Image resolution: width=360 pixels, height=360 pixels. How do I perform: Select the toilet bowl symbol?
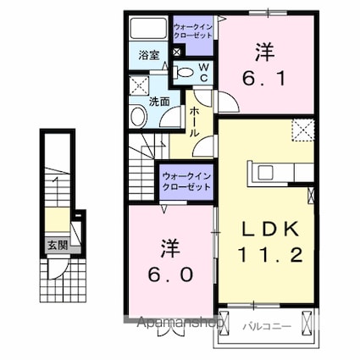183,74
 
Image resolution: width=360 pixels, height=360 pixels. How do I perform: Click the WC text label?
203,74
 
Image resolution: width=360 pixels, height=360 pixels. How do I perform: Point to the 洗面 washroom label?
159,101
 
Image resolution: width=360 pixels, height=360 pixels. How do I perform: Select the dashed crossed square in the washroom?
138,86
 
